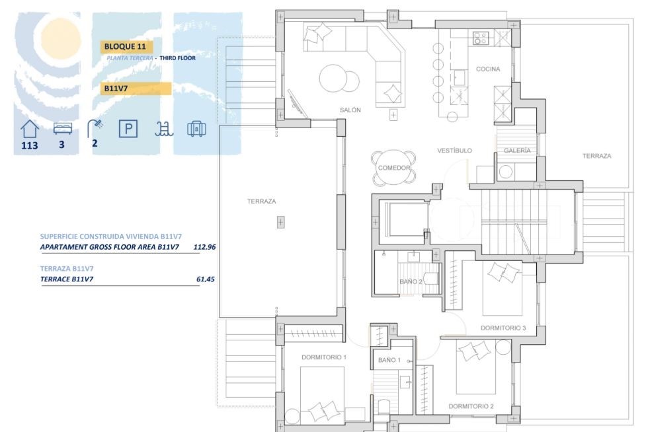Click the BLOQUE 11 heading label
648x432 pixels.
(126, 47)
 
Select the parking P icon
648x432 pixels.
(128, 128)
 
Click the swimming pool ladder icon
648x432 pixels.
(163, 128)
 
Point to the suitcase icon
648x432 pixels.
(196, 128)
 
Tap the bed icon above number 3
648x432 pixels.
(62, 127)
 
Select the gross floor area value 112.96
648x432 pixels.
(204, 247)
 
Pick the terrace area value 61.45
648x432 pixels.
(206, 279)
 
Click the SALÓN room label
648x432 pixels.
(350, 110)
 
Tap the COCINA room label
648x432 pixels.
(488, 69)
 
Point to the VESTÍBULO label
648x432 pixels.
(454, 151)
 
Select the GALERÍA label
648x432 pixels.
(517, 151)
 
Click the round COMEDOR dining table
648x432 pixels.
(394, 168)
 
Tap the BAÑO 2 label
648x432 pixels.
(411, 281)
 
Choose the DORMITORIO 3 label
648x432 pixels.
(503, 328)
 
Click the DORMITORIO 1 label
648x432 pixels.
(324, 357)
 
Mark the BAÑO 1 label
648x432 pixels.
(389, 360)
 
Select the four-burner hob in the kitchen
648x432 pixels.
(481, 38)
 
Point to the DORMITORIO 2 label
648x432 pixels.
(471, 406)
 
